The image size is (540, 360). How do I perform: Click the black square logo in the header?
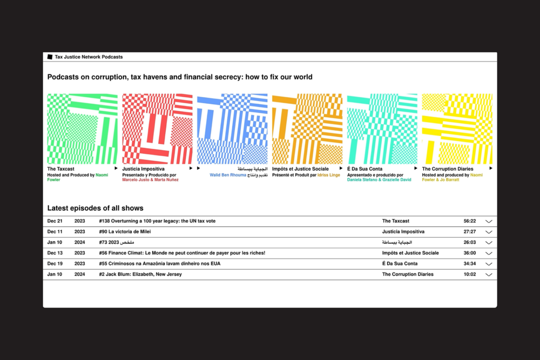(x=50, y=57)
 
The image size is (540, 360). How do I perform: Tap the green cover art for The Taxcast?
(x=82, y=128)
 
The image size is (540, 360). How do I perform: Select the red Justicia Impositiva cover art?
(x=157, y=128)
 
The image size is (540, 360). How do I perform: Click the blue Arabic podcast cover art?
(x=232, y=128)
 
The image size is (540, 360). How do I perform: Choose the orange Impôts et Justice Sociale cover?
(x=307, y=128)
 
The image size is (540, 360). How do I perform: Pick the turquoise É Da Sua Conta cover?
(x=382, y=128)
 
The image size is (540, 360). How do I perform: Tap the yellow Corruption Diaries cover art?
(x=457, y=128)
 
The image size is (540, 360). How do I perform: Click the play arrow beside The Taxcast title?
(x=116, y=168)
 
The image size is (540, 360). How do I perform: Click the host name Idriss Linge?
(x=330, y=175)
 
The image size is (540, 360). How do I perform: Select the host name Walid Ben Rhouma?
(x=228, y=175)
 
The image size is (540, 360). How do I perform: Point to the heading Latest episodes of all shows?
(x=95, y=208)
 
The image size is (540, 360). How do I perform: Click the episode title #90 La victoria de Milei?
(x=125, y=232)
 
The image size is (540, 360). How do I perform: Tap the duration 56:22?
(x=469, y=221)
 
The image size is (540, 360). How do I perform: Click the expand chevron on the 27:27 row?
(x=489, y=232)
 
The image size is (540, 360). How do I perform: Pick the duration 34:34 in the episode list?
(x=469, y=264)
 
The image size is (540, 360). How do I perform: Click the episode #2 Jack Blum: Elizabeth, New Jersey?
(x=140, y=274)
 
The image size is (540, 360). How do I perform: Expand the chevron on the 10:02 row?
(x=489, y=275)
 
